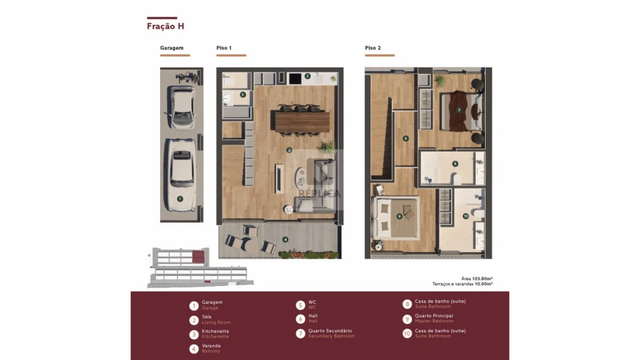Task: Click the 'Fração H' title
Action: tap(166, 26)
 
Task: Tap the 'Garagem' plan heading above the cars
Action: tap(172, 48)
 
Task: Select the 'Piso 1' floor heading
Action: tap(225, 48)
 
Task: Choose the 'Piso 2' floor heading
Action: tap(373, 48)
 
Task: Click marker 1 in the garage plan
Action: tap(180, 199)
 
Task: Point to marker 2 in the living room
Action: tap(289, 150)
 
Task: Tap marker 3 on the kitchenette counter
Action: tap(307, 75)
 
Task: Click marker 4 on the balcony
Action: tap(285, 239)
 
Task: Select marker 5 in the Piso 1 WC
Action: tap(242, 94)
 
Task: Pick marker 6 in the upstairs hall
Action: tap(405, 139)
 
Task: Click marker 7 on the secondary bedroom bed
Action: tap(459, 110)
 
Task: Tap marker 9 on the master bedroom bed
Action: tap(399, 216)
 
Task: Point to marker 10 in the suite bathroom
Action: tap(466, 216)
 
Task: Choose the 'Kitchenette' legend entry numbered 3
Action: tap(215, 333)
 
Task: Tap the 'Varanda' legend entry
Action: tap(210, 348)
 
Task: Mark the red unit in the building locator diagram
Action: tap(198, 256)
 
